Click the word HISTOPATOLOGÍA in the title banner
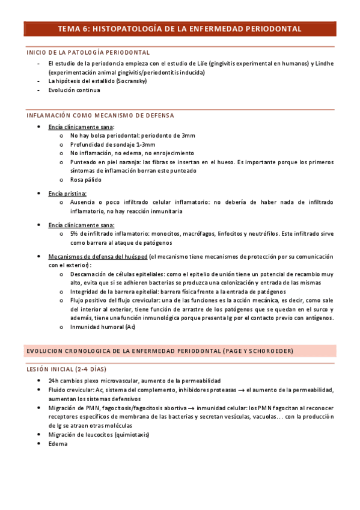point(136,29)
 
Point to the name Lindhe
point(322,63)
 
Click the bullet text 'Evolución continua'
point(75,90)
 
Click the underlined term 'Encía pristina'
point(67,194)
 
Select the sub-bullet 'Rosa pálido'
point(86,179)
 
